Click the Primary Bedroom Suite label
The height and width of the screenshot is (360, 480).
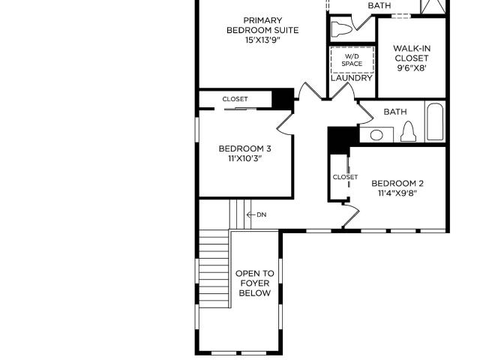[262, 25]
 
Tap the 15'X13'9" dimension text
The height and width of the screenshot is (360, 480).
[262, 40]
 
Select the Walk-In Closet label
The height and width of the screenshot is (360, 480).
[412, 53]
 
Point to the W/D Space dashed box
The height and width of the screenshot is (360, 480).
[352, 60]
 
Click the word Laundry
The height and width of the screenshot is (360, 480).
[352, 78]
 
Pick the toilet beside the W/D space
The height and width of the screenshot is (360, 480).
[342, 29]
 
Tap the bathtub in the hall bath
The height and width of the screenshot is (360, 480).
[435, 121]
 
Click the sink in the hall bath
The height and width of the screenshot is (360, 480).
[376, 135]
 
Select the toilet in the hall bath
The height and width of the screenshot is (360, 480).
[408, 132]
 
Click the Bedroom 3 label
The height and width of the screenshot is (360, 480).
[245, 148]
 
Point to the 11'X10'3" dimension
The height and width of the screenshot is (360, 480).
[245, 158]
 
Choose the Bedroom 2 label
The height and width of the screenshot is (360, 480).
[397, 183]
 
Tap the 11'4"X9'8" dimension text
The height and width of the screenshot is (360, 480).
[397, 193]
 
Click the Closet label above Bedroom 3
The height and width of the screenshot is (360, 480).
[235, 99]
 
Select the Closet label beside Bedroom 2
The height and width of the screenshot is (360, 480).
[345, 177]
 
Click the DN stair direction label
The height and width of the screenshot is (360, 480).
[262, 215]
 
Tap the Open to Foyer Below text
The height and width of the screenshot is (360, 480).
[255, 283]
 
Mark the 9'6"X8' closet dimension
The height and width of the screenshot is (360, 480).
[412, 68]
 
